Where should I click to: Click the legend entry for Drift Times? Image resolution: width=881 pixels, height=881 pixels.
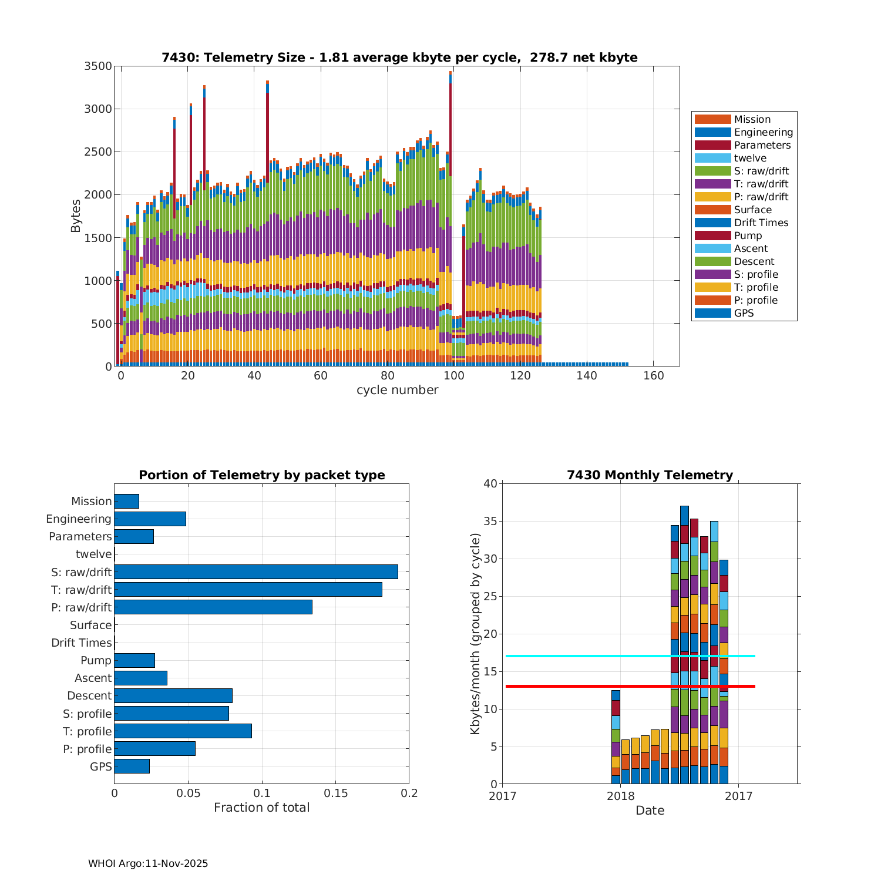[x=761, y=223]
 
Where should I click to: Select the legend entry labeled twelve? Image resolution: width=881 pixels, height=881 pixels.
[x=750, y=158]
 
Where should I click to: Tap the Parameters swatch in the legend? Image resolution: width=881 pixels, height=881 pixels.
[x=712, y=145]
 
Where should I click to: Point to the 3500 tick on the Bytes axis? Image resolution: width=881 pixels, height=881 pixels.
[x=98, y=66]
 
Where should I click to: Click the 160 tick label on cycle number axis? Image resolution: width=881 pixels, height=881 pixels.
[x=653, y=376]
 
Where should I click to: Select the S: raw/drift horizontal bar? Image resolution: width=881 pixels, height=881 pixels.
[x=255, y=571]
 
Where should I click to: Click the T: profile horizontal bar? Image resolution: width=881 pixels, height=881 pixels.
[x=183, y=731]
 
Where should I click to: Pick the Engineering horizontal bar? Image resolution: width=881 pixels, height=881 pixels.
[x=150, y=519]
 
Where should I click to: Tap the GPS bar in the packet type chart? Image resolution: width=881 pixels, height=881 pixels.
[x=132, y=766]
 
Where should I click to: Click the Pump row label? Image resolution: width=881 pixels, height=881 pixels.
[x=96, y=660]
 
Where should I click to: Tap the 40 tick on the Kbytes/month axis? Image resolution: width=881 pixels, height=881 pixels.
[x=490, y=483]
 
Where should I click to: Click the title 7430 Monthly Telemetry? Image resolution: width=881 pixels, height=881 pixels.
[x=650, y=475]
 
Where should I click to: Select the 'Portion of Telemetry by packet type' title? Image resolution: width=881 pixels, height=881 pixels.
[x=262, y=475]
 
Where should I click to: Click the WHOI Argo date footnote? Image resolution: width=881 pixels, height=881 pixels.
[x=148, y=863]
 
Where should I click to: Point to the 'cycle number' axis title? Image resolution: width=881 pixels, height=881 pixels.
[x=397, y=390]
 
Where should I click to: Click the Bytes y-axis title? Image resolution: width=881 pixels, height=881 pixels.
[x=76, y=216]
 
